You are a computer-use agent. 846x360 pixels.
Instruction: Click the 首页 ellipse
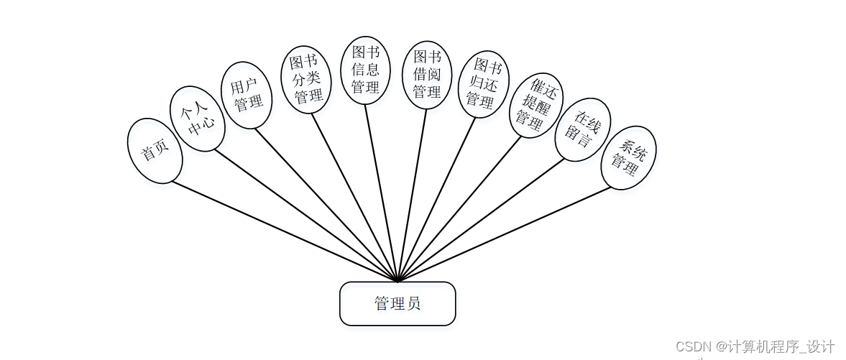(x=155, y=151)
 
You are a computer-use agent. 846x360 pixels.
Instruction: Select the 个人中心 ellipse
(x=198, y=119)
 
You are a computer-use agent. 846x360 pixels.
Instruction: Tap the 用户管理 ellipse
(x=247, y=95)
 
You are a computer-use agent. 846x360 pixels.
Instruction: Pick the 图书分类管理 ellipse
(x=305, y=79)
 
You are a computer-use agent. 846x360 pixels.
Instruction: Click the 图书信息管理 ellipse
(x=365, y=70)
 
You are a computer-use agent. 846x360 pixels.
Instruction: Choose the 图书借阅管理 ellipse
(x=427, y=75)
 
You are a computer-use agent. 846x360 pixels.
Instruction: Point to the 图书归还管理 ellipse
(x=484, y=84)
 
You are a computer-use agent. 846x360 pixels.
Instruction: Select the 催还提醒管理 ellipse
(x=536, y=105)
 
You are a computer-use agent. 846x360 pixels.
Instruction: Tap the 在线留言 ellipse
(x=583, y=129)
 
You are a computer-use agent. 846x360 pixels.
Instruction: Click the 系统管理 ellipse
(x=629, y=157)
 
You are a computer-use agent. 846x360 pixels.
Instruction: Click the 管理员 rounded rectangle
(x=397, y=303)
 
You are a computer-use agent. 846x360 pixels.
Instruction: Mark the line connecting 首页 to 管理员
(x=285, y=231)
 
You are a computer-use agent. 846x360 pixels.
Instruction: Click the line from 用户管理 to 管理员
(x=326, y=205)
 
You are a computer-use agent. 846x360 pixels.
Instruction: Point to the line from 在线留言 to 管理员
(x=482, y=218)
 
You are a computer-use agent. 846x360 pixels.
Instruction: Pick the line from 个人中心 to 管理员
(x=306, y=215)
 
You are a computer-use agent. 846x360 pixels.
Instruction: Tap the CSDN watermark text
(x=755, y=346)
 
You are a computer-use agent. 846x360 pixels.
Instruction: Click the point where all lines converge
(x=397, y=281)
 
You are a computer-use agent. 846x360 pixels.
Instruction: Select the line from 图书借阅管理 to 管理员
(x=412, y=195)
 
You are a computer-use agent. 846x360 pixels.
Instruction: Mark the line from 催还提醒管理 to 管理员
(x=459, y=208)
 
